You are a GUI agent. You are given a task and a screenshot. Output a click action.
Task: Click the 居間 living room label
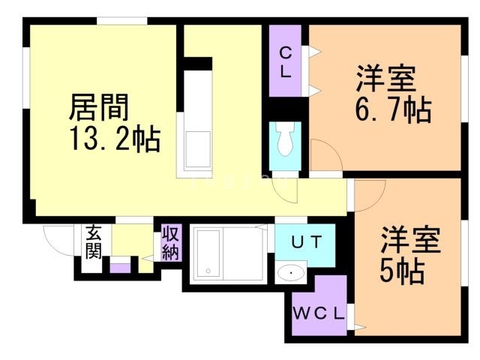[99, 106]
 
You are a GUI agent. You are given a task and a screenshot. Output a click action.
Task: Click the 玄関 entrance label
[93, 241]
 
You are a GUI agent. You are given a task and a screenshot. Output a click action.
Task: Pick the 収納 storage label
[171, 241]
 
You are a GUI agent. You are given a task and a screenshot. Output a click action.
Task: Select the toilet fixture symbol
[284, 138]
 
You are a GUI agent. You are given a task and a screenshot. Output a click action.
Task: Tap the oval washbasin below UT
[289, 273]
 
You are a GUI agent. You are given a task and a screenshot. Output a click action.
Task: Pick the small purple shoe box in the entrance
[120, 266]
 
